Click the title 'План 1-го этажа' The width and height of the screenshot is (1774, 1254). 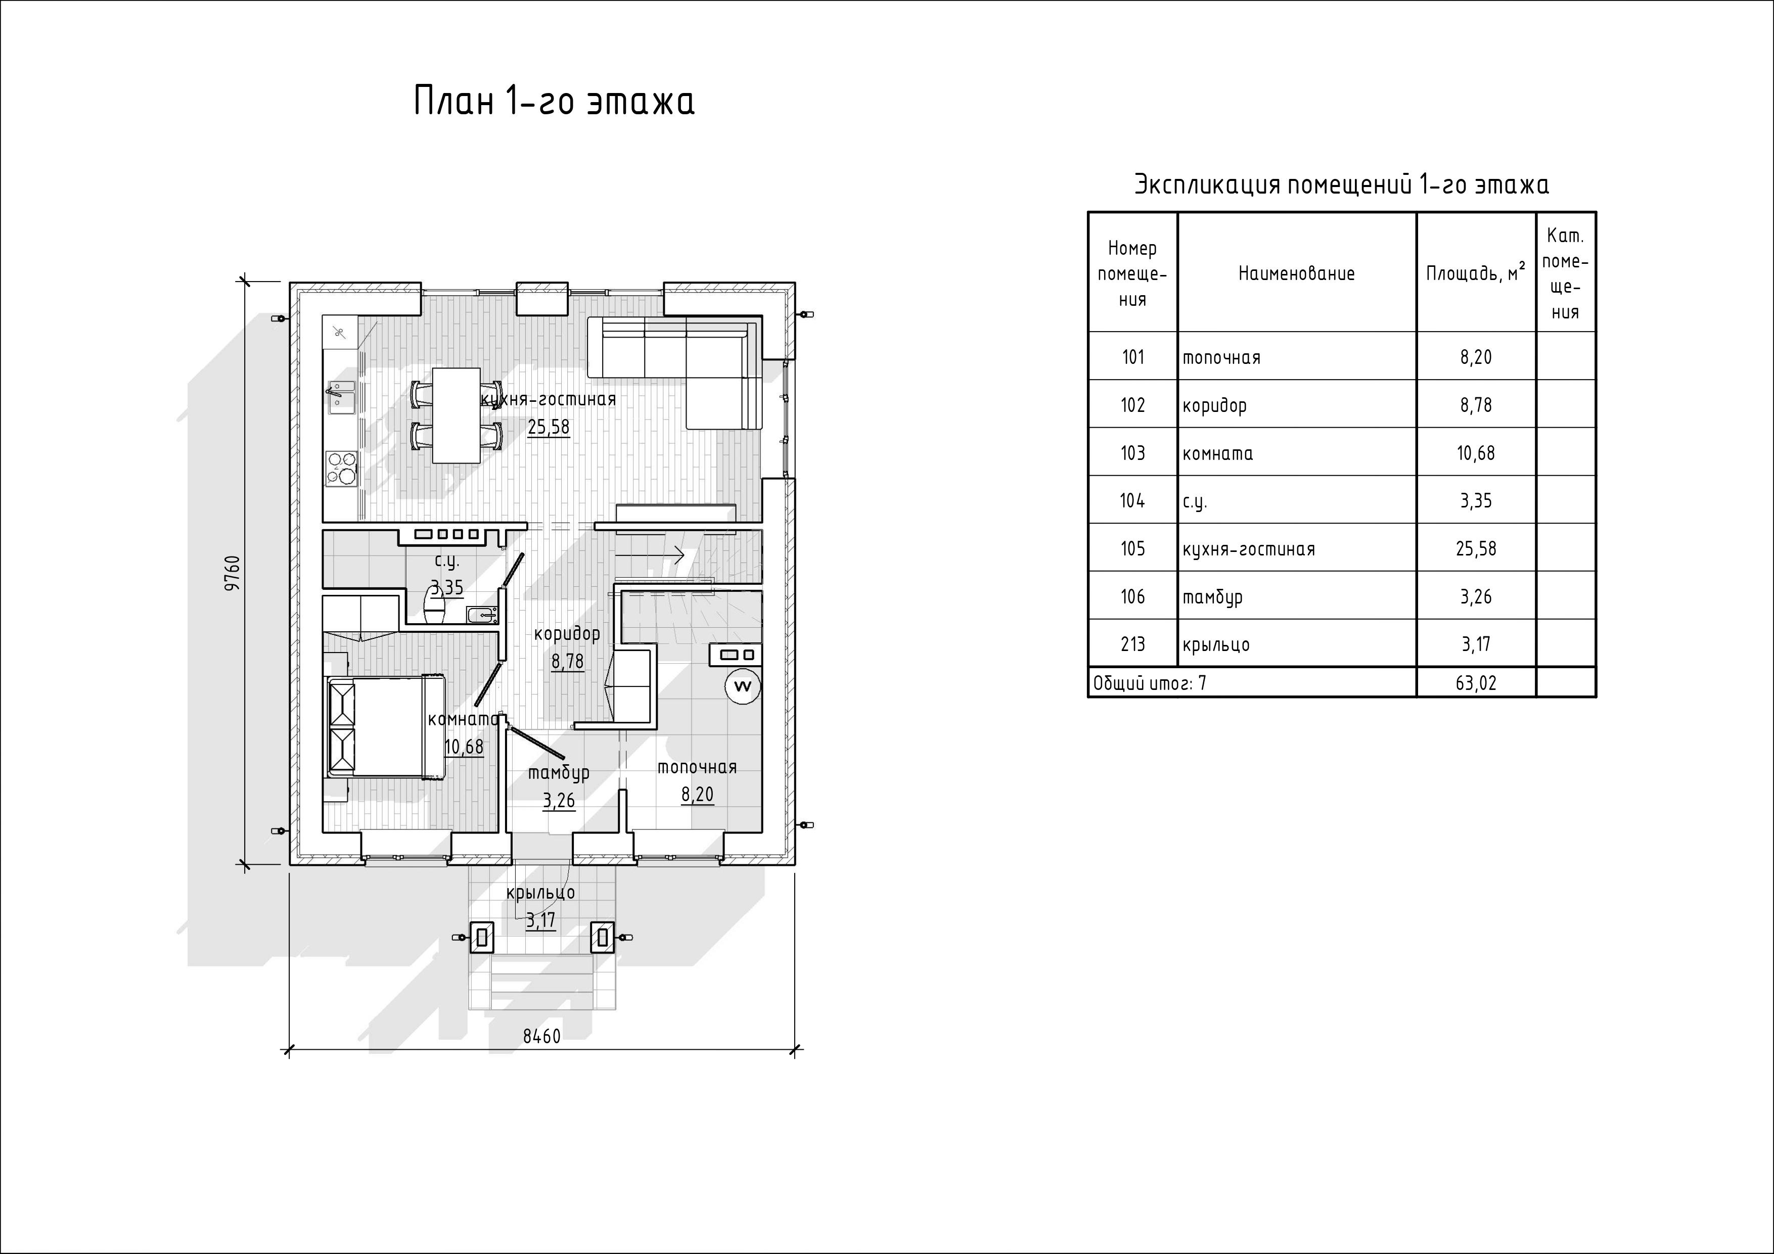pyautogui.click(x=554, y=101)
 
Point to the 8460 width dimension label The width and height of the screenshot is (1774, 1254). pyautogui.click(x=541, y=1036)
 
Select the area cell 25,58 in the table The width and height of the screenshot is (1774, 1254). pyautogui.click(x=1476, y=548)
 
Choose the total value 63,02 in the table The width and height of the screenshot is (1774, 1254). pyautogui.click(x=1476, y=683)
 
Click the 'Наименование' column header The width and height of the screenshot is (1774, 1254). pyautogui.click(x=1297, y=273)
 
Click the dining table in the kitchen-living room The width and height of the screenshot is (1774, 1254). pyautogui.click(x=456, y=415)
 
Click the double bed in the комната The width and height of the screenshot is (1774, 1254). pyautogui.click(x=386, y=726)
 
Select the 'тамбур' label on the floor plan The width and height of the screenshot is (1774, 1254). pyautogui.click(x=559, y=773)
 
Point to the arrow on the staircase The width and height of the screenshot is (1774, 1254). pyautogui.click(x=650, y=554)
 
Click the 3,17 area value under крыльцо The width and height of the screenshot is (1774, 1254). pyautogui.click(x=540, y=920)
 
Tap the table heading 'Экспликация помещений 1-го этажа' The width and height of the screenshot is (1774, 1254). pyautogui.click(x=1341, y=184)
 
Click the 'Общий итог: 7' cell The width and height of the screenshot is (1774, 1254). pyautogui.click(x=1150, y=683)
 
